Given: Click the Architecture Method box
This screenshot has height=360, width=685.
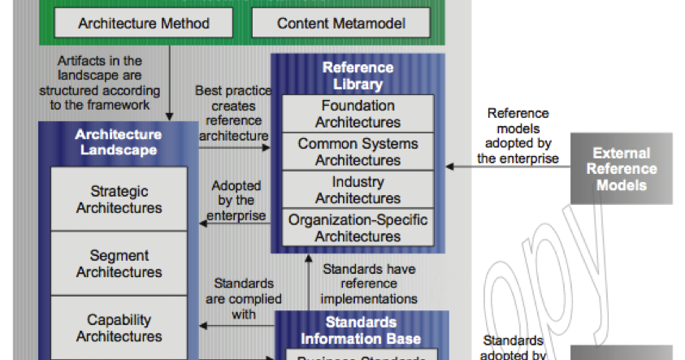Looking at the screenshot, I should pos(144,23).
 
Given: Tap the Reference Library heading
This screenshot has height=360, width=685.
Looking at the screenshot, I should pos(358,75).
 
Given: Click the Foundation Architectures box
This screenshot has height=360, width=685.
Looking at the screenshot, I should pos(358,114).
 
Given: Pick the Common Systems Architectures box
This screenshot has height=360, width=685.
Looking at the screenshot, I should pos(358,152).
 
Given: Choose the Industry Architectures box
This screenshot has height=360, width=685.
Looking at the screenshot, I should pos(358,190).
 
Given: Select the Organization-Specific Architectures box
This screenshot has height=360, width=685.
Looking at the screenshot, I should pos(358,228).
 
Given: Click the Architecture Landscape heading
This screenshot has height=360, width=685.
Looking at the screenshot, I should pos(119,142).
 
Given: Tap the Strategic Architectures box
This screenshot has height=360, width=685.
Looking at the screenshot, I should pos(119,200).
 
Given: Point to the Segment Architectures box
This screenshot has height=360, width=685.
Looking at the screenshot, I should pos(119,264).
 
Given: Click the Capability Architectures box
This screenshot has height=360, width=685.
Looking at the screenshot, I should pos(119,327).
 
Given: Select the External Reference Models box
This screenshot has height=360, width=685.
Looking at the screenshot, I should pos(622,169).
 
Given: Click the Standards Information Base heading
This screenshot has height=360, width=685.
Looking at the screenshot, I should pos(362,329).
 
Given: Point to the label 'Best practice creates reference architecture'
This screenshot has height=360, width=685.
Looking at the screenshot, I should pos(233,113).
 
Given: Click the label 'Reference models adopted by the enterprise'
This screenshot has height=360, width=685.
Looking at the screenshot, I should pos(518,136).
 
